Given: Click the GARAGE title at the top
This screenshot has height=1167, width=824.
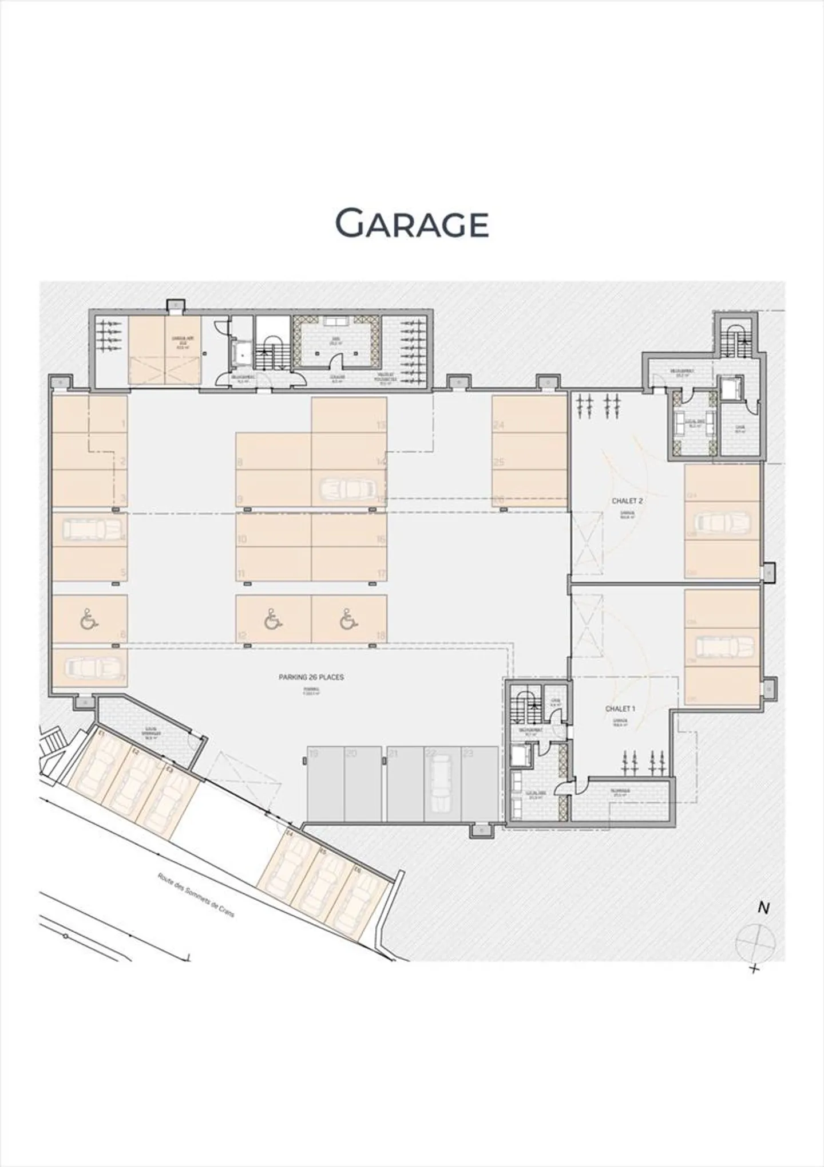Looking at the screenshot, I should [411, 223].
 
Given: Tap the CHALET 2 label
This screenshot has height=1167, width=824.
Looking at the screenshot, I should [627, 500].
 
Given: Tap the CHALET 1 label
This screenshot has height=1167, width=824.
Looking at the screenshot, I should [620, 708].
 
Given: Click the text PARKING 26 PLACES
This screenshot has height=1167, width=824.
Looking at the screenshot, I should [311, 677].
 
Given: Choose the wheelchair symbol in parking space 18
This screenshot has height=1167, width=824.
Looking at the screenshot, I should [346, 620].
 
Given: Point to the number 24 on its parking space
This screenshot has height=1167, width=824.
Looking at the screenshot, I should [498, 425].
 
